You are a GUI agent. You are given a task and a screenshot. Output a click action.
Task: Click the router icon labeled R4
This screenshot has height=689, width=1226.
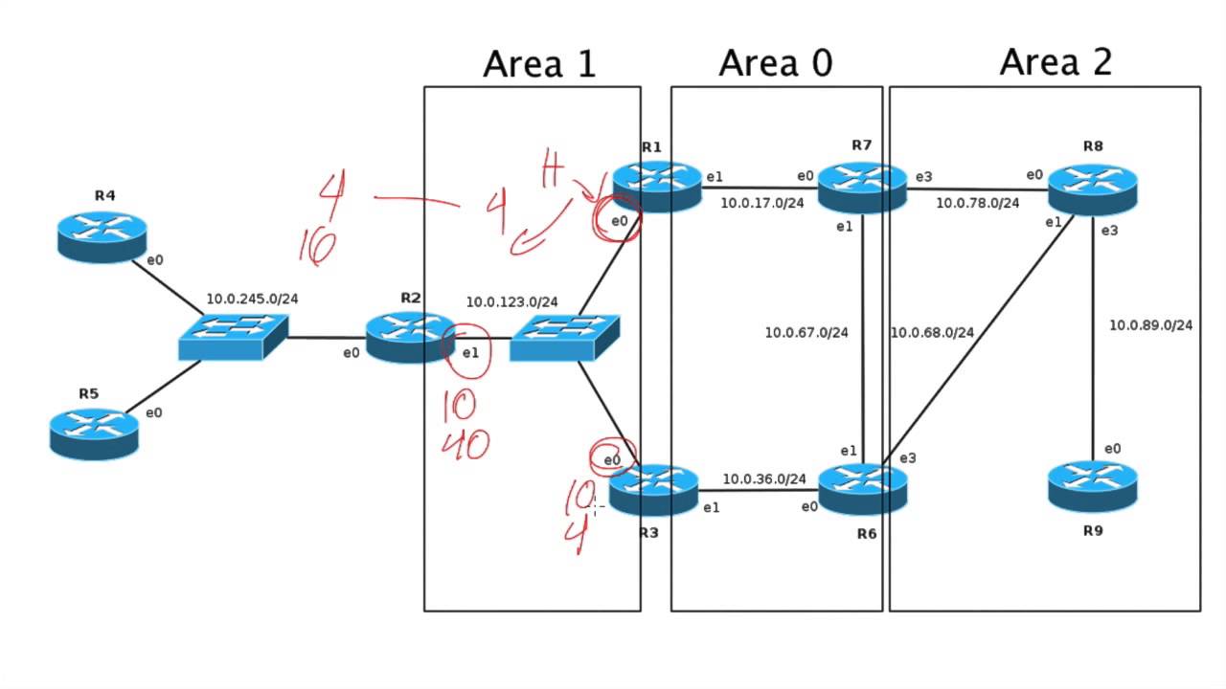pos(102,234)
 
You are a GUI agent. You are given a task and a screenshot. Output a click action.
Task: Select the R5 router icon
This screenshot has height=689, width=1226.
pos(94,432)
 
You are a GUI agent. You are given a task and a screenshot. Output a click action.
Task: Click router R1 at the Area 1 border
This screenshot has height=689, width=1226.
pos(656,186)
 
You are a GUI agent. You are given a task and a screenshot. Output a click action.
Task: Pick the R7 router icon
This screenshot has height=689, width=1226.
pos(861,187)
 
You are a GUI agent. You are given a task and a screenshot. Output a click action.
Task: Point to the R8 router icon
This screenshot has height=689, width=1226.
pos(1093,188)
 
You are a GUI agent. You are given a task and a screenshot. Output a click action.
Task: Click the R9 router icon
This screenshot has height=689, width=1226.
pos(1093,485)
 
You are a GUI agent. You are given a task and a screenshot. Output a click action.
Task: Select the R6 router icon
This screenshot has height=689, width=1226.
pos(863,488)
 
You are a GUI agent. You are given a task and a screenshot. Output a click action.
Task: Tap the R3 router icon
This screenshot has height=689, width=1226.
pos(654,489)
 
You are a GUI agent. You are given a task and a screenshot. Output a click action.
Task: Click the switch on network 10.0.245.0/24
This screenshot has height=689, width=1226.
pos(233,336)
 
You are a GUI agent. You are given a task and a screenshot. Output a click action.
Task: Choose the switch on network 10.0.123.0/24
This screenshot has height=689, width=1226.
pos(564,338)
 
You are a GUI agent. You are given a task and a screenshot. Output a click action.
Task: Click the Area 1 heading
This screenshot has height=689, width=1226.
pos(539,64)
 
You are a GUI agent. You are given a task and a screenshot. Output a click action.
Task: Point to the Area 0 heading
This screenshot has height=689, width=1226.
pos(775,63)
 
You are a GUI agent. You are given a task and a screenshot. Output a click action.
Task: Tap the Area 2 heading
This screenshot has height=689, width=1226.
pos(1056,62)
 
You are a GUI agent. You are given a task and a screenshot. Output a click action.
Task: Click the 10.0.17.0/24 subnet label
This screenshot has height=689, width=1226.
pos(761,203)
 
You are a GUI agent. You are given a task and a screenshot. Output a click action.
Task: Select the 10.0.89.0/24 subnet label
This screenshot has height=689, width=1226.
pos(1150,325)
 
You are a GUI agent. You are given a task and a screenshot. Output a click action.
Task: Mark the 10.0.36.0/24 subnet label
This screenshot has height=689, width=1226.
pos(763,478)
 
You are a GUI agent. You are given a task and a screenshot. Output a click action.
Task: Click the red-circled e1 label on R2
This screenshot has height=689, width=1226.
pos(469,352)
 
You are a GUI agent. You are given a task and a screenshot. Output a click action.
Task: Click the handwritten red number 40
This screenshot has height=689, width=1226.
pos(465,444)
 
